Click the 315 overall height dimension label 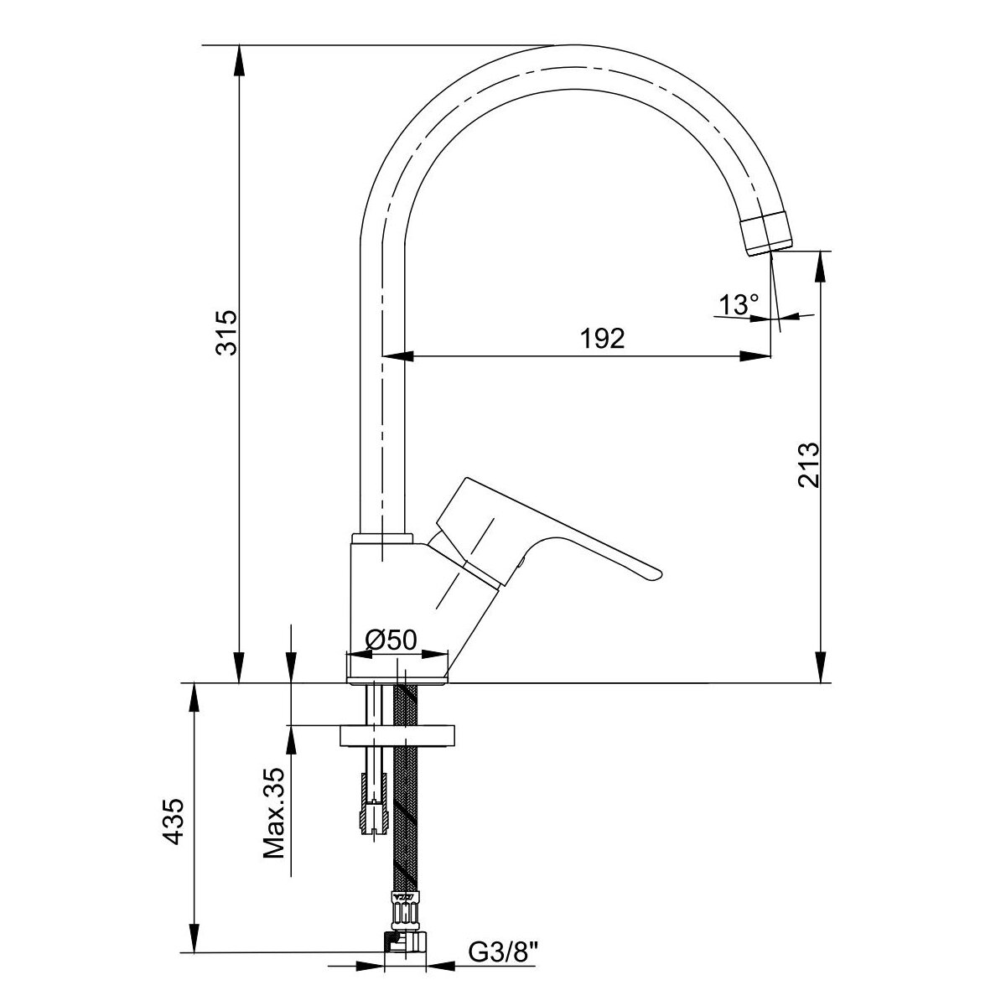coord(226,333)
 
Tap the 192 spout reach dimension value coord(602,339)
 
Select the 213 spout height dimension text coord(809,464)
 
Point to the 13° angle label coord(739,305)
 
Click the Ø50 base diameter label coord(391,639)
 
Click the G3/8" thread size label coord(503,952)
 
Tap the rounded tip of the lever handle coord(656,573)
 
